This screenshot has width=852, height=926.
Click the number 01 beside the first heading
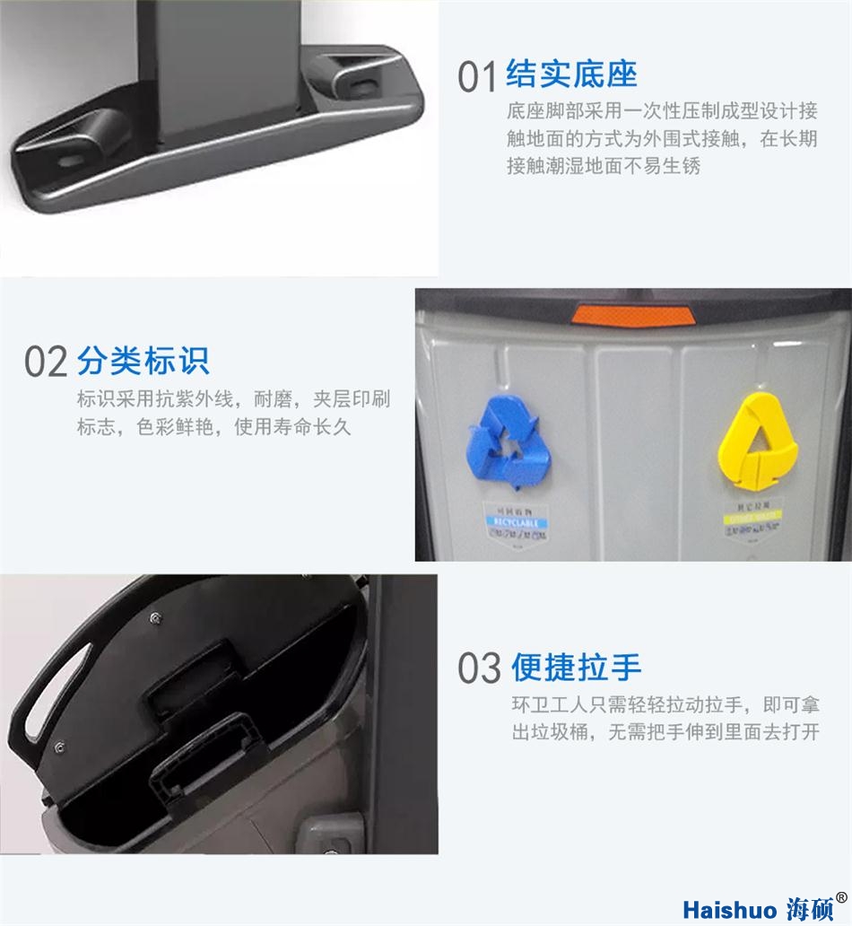click(x=476, y=77)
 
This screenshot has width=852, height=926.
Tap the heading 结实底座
click(x=571, y=74)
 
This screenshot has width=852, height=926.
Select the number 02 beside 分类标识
click(x=46, y=362)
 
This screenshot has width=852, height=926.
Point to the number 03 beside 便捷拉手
click(x=479, y=668)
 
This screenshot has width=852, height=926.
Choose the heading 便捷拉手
click(x=577, y=667)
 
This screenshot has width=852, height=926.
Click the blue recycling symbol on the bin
click(x=506, y=442)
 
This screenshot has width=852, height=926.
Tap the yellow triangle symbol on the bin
click(x=758, y=441)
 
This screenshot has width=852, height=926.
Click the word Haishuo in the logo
click(x=726, y=906)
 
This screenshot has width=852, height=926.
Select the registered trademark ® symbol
click(x=841, y=896)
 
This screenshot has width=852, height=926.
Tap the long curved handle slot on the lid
click(x=57, y=682)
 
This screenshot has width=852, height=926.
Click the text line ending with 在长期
click(x=662, y=139)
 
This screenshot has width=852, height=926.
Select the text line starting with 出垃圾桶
click(x=665, y=732)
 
